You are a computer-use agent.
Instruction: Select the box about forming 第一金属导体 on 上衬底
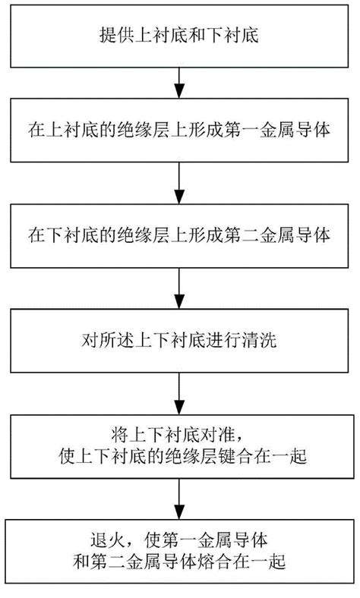pyautogui.click(x=179, y=131)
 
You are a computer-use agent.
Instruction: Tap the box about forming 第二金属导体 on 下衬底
pyautogui.click(x=179, y=236)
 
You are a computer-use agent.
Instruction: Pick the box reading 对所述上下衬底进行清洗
pyautogui.click(x=179, y=340)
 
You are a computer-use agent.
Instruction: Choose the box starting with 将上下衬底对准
pyautogui.click(x=179, y=445)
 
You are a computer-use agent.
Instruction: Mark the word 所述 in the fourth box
pyautogui.click(x=112, y=340)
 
